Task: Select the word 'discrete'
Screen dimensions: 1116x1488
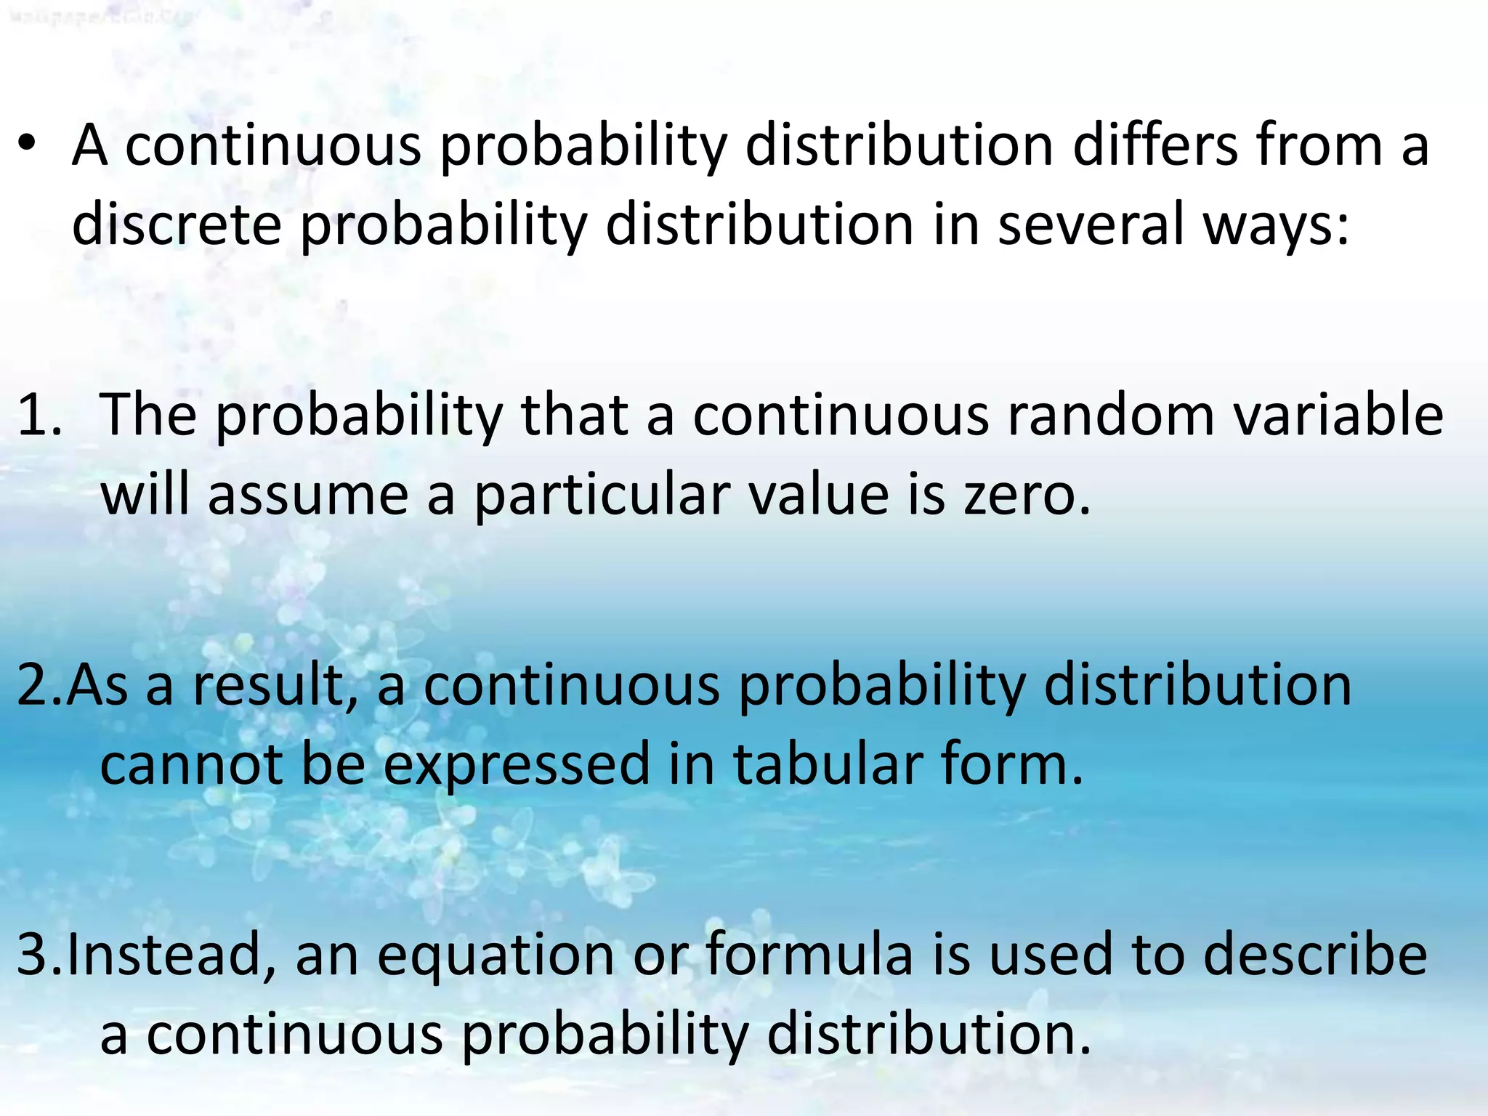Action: (x=177, y=225)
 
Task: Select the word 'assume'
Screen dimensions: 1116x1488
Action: (x=308, y=496)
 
